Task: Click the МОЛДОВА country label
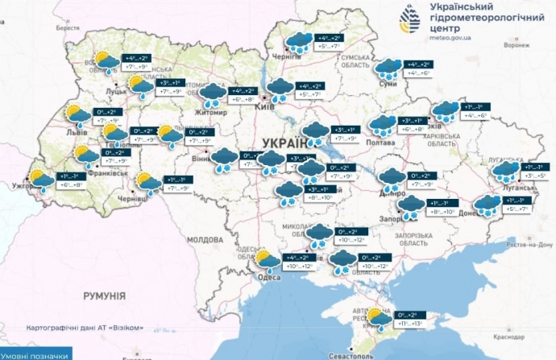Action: coord(206,240)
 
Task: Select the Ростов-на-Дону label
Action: coord(533,244)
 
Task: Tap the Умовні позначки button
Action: coord(35,354)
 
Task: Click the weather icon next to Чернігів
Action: coord(300,43)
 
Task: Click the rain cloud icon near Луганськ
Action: coord(505,172)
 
